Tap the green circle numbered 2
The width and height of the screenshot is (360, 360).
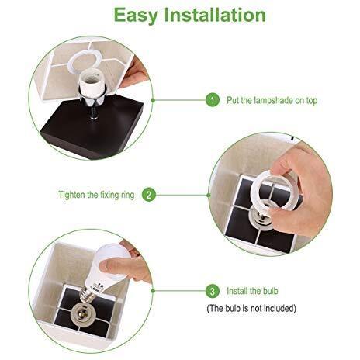[x=148, y=195]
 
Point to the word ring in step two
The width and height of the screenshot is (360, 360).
[x=129, y=195]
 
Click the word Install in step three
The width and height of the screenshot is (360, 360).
[x=239, y=292]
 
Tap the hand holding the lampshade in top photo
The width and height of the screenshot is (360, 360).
[x=138, y=74]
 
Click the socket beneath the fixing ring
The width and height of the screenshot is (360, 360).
[x=265, y=211]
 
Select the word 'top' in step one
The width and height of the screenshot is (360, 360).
[x=311, y=101]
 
